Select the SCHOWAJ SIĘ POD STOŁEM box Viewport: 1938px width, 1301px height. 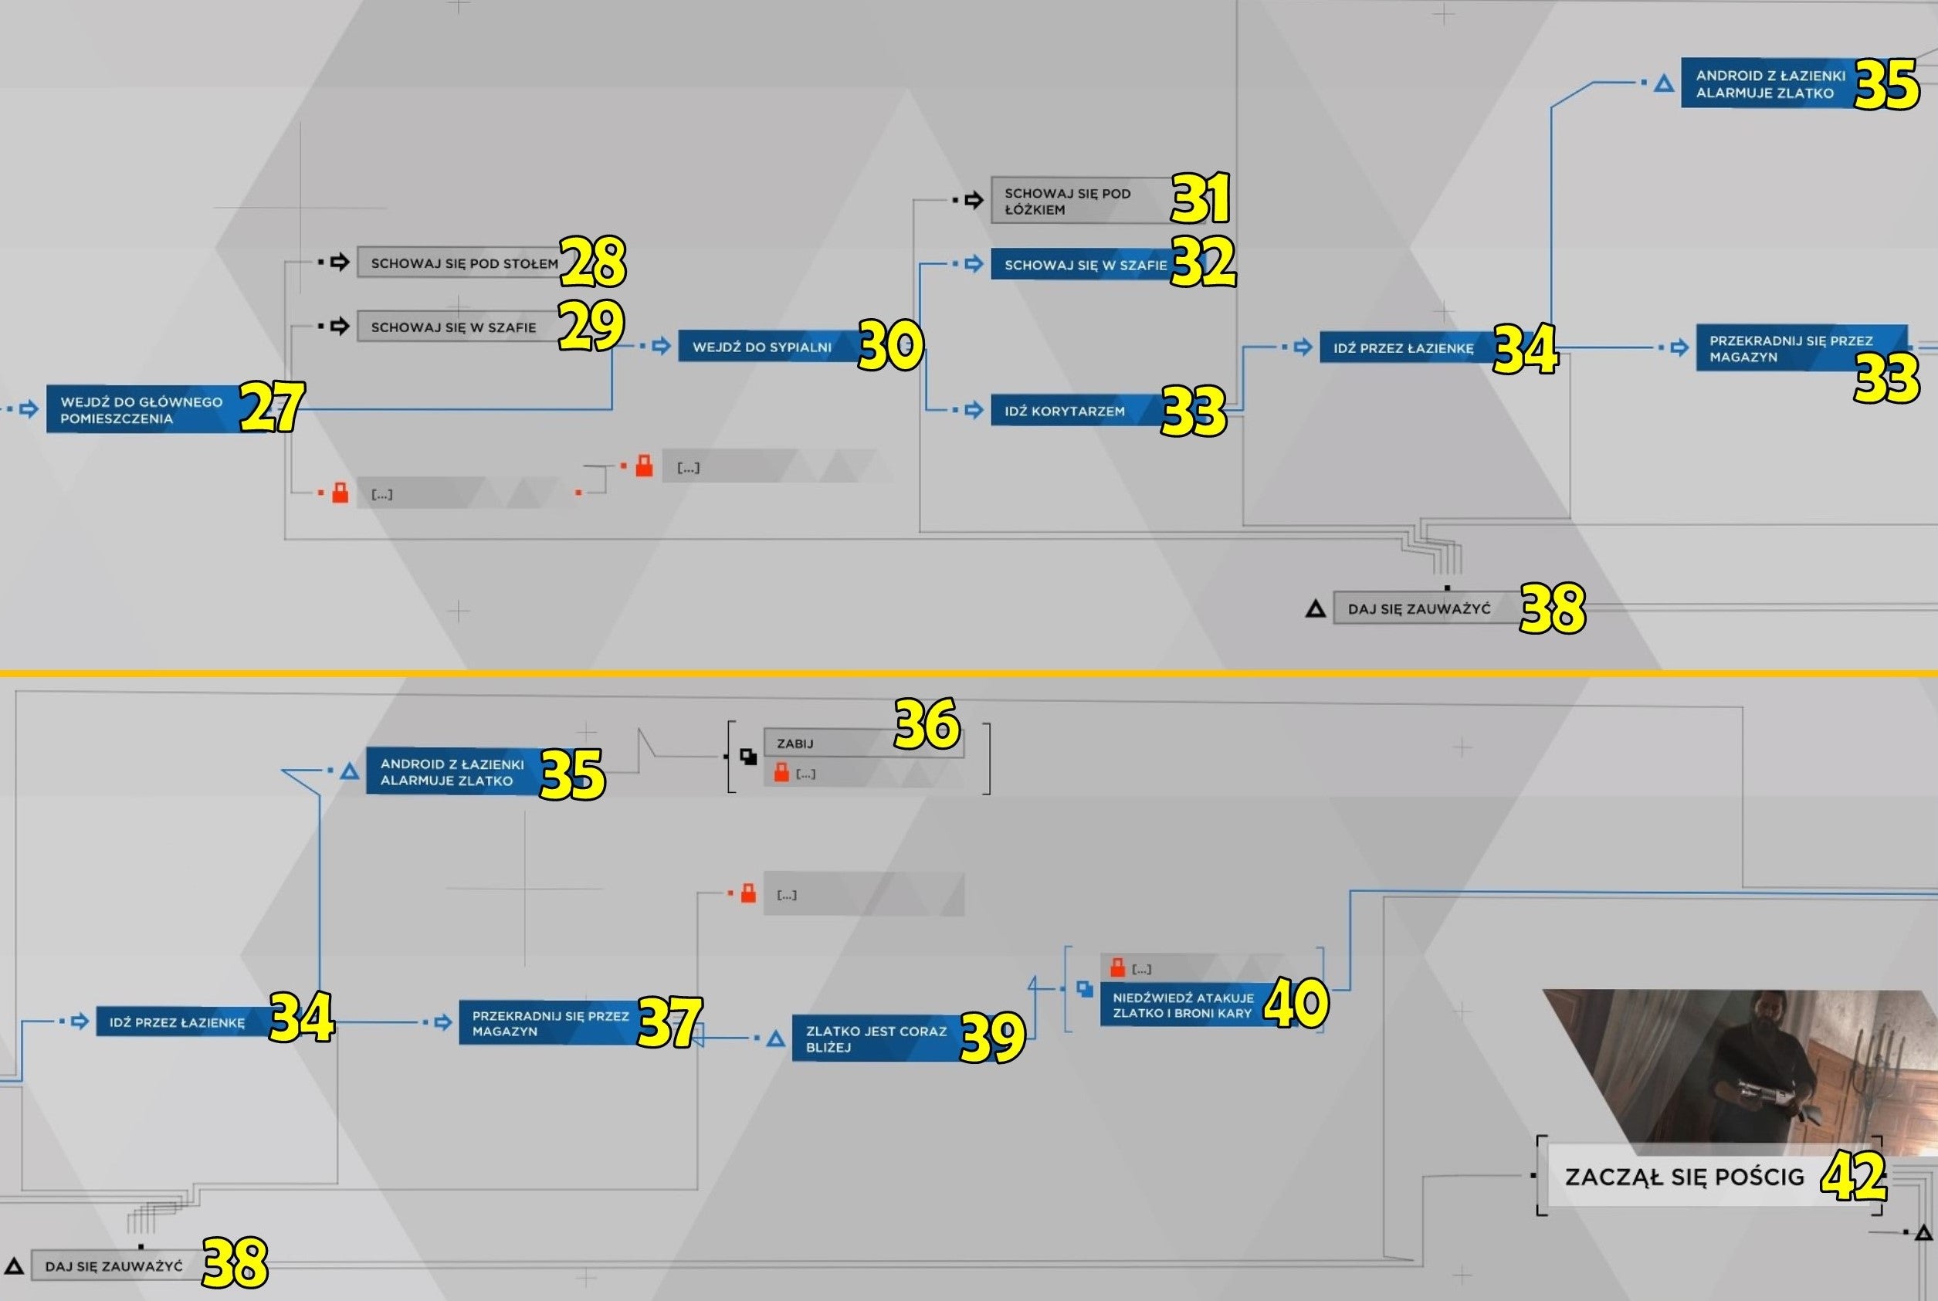coord(461,263)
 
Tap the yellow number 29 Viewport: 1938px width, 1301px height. coord(591,325)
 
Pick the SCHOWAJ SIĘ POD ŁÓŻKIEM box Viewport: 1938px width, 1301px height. coord(1083,201)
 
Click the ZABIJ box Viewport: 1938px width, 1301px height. coord(862,743)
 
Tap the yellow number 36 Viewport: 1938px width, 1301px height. coord(927,724)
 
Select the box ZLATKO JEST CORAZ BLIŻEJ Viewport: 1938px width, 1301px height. coord(879,1038)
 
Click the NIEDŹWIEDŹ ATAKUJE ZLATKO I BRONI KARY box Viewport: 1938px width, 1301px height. coord(1187,1005)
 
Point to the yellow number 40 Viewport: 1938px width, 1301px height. coord(1296,1003)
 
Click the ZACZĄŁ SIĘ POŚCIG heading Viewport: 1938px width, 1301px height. coord(1684,1177)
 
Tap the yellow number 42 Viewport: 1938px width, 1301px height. coord(1853,1177)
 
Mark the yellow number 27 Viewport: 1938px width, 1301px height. coord(272,407)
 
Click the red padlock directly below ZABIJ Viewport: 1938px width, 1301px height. coord(781,772)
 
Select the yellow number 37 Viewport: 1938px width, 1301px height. coord(669,1022)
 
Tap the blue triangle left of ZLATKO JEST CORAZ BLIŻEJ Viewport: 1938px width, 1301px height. coord(776,1038)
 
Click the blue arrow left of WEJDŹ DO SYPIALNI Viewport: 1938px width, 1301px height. coord(661,346)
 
